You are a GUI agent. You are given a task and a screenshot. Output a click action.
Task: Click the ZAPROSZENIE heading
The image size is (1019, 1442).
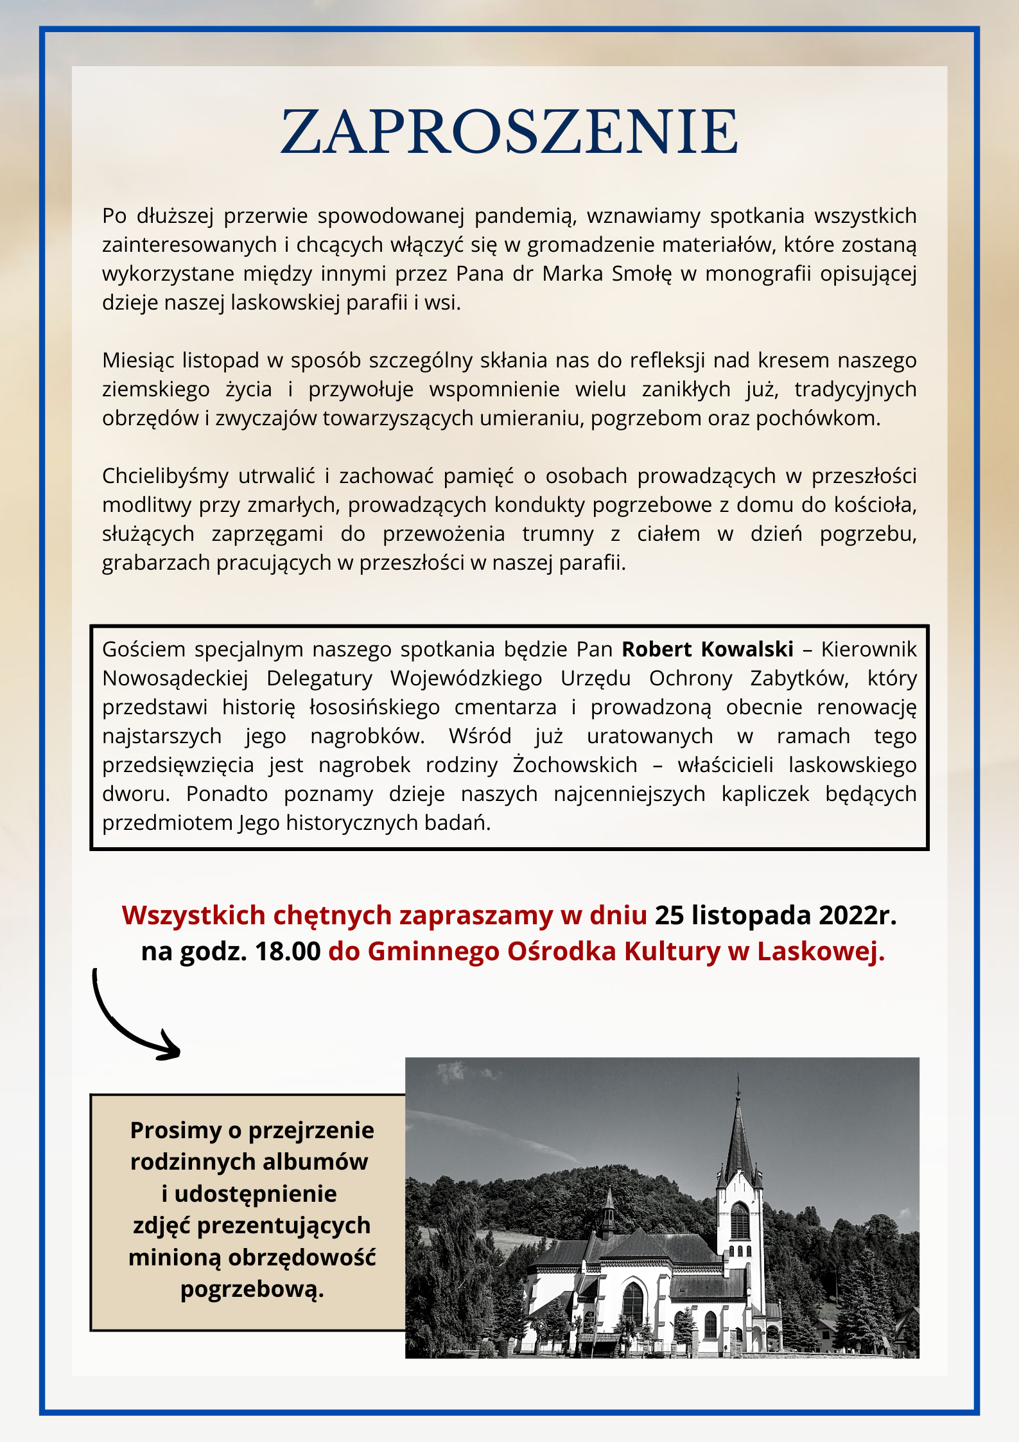point(509,132)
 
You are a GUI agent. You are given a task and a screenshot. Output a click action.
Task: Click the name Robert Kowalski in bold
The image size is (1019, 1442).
point(707,649)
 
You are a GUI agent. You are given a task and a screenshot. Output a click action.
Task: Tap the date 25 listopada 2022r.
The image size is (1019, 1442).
point(776,915)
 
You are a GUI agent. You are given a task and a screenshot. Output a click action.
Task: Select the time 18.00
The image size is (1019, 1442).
point(288,951)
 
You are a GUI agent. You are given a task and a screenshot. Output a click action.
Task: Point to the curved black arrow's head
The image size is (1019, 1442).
point(172,1051)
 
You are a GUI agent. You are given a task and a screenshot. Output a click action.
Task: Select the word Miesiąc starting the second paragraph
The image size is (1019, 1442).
point(137,360)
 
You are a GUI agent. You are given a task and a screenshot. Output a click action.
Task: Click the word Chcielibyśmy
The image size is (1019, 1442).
point(165,476)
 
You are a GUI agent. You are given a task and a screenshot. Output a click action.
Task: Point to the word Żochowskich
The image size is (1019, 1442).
point(575,765)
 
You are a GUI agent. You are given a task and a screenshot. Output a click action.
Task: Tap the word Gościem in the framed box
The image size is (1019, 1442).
point(144,649)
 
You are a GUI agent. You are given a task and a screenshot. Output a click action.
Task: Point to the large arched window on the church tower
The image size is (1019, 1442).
point(740,1221)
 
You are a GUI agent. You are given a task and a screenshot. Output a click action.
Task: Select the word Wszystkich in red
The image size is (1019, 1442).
point(193,915)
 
